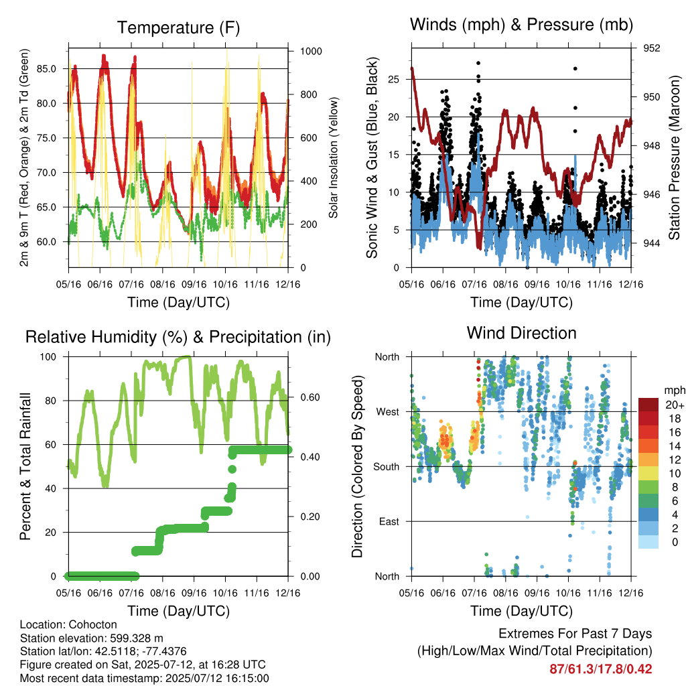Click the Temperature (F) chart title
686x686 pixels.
pyautogui.click(x=178, y=28)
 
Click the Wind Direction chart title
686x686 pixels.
pyautogui.click(x=521, y=333)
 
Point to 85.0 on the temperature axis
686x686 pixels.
pyautogui.click(x=46, y=69)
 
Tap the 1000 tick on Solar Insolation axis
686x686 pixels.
pyautogui.click(x=311, y=51)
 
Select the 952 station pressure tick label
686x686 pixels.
pyautogui.click(x=651, y=48)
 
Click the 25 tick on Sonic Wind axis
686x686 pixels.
pyautogui.click(x=394, y=79)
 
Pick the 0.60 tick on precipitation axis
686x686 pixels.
pyautogui.click(x=310, y=397)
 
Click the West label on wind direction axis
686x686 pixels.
pyautogui.click(x=388, y=412)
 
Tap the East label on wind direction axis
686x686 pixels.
pyautogui.click(x=389, y=521)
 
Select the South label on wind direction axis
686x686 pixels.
pyautogui.click(x=387, y=467)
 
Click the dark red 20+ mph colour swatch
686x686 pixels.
pyautogui.click(x=648, y=405)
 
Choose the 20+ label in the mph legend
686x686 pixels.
pyautogui.click(x=675, y=405)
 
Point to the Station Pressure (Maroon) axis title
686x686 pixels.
pyautogui.click(x=674, y=157)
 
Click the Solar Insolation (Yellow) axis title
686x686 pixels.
pyautogui.click(x=334, y=157)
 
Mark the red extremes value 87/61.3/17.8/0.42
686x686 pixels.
pyautogui.click(x=601, y=669)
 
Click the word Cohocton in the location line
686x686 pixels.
pyautogui.click(x=92, y=625)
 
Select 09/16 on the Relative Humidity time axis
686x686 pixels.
pyautogui.click(x=194, y=593)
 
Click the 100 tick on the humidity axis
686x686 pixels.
pyautogui.click(x=48, y=357)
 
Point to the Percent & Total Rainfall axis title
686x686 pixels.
pyautogui.click(x=25, y=466)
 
